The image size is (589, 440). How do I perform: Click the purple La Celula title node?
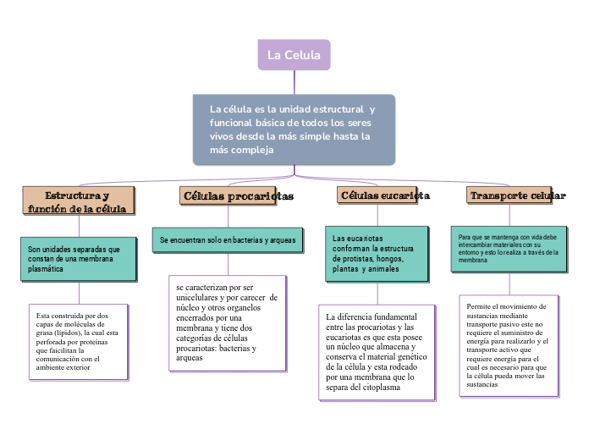[x=294, y=55]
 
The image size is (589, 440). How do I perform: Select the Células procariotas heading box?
[x=238, y=196]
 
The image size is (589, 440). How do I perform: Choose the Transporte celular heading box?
[x=517, y=196]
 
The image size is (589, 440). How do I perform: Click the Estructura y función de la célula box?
[x=78, y=201]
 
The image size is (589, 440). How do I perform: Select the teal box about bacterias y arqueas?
[x=228, y=240]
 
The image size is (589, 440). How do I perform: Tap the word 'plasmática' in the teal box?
[x=47, y=268]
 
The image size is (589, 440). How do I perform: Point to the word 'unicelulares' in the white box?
[x=202, y=298]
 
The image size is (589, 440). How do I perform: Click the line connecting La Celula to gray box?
[x=294, y=82]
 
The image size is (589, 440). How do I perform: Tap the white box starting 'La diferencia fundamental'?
[x=377, y=351]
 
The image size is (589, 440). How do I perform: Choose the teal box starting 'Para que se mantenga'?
[x=508, y=249]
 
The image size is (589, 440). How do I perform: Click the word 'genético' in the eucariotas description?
[x=415, y=357]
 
